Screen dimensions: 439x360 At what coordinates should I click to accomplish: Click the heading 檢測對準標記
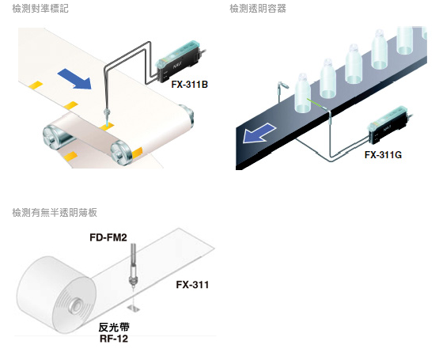[x=40, y=9]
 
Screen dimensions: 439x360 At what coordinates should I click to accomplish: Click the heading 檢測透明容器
[x=258, y=9]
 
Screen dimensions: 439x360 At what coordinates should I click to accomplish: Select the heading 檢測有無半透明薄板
[x=55, y=213]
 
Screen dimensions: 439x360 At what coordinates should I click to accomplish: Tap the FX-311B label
[x=190, y=85]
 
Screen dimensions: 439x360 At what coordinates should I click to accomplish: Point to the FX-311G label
[x=383, y=154]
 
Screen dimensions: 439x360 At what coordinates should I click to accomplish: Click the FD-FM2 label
[x=108, y=237]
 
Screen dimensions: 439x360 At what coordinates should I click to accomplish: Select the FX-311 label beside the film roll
[x=192, y=285]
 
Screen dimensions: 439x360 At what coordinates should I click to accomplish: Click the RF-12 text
[x=114, y=339]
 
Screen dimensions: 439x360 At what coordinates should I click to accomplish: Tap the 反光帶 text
[x=114, y=328]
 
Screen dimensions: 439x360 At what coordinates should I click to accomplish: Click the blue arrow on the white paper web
[x=75, y=79]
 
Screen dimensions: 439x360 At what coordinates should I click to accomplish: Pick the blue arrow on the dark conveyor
[x=259, y=134]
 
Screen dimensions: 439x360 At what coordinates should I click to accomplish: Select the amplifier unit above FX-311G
[x=390, y=125]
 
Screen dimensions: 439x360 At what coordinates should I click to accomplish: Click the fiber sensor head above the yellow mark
[x=107, y=115]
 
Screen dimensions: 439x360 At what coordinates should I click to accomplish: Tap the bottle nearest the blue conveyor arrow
[x=302, y=93]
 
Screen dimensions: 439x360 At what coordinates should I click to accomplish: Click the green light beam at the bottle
[x=316, y=104]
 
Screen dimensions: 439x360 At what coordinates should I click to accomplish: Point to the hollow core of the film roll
[x=76, y=305]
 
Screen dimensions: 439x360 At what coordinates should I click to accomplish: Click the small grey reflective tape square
[x=134, y=309]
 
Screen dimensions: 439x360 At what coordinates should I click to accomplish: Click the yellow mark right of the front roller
[x=137, y=153]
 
